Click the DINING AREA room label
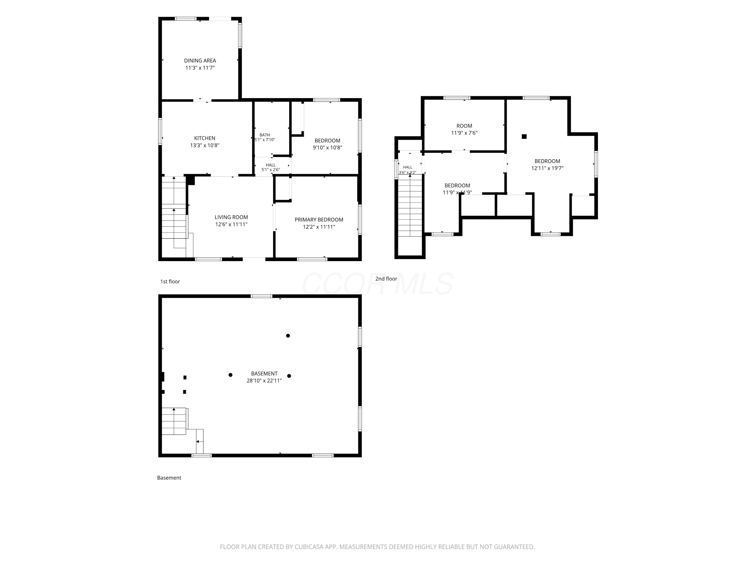[200, 61]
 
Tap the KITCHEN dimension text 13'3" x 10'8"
[205, 145]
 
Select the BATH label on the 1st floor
[265, 135]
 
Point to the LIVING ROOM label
[232, 217]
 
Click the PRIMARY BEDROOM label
[319, 220]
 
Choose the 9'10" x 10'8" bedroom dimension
[327, 148]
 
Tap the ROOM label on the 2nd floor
[464, 126]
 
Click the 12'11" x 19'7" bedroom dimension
[547, 168]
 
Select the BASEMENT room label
[264, 374]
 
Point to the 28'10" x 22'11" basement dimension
[264, 381]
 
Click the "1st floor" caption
[170, 281]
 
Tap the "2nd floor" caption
[386, 279]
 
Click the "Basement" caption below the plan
[169, 478]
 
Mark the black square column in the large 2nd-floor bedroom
[524, 136]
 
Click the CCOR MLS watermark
[377, 284]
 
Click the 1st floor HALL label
[271, 165]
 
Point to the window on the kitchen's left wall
[160, 131]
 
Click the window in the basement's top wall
[261, 296]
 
